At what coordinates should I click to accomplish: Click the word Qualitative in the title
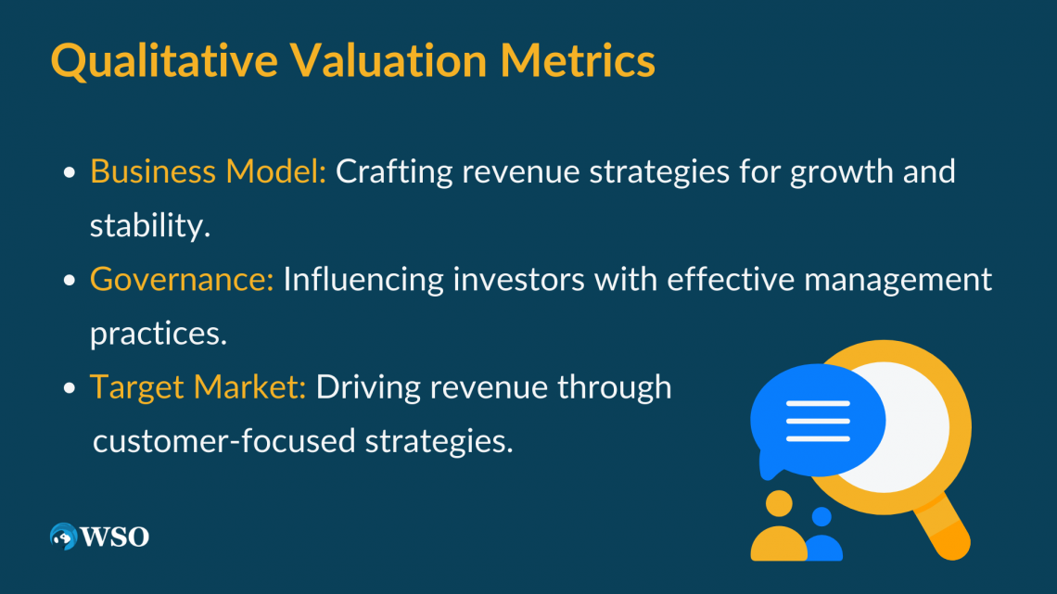click(164, 61)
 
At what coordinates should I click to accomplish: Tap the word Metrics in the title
click(578, 60)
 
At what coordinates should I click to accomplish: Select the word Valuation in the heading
click(389, 60)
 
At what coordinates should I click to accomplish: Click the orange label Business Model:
click(208, 171)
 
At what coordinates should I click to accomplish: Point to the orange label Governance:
click(182, 279)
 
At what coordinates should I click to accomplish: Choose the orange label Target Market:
click(198, 387)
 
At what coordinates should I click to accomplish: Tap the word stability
click(150, 225)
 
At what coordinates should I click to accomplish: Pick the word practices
click(159, 334)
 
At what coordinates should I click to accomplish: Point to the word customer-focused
click(223, 441)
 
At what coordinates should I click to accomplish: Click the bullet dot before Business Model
click(69, 172)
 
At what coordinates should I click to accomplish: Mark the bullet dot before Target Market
click(69, 388)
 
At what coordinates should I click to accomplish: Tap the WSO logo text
click(115, 537)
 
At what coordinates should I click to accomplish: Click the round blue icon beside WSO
click(63, 537)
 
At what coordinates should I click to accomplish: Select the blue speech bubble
click(817, 421)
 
